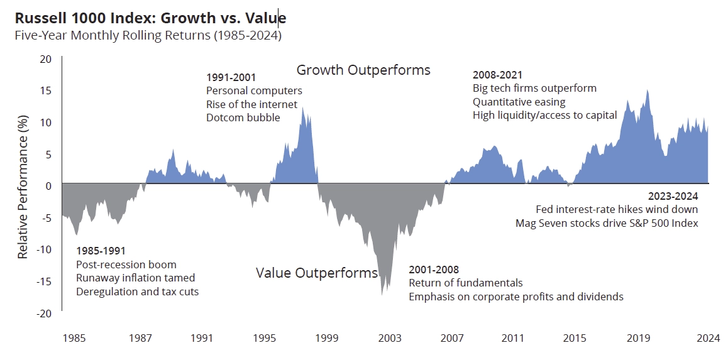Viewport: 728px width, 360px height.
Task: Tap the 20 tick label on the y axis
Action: pos(45,60)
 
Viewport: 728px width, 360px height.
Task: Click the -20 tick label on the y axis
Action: pos(43,314)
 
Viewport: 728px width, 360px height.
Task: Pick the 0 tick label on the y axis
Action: pos(48,186)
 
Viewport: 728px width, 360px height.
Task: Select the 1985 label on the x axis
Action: pos(74,338)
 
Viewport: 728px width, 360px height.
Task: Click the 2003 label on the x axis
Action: pos(390,338)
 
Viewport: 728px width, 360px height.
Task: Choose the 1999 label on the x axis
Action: pos(327,338)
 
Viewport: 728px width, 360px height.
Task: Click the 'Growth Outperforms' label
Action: pos(363,70)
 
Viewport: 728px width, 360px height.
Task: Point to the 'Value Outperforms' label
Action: pos(317,273)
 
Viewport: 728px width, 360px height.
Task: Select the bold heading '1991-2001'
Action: pos(231,77)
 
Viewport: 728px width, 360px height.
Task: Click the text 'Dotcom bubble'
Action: pos(243,117)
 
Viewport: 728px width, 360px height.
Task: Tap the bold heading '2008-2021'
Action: pos(497,75)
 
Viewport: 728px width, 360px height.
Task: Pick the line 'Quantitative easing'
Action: pos(519,101)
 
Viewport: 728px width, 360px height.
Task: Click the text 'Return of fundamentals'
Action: pos(466,283)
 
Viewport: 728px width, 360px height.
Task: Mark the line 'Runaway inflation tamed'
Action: pos(136,278)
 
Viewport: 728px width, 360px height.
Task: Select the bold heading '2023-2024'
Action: pos(673,196)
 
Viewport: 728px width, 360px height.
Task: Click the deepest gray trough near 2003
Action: pos(382,294)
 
